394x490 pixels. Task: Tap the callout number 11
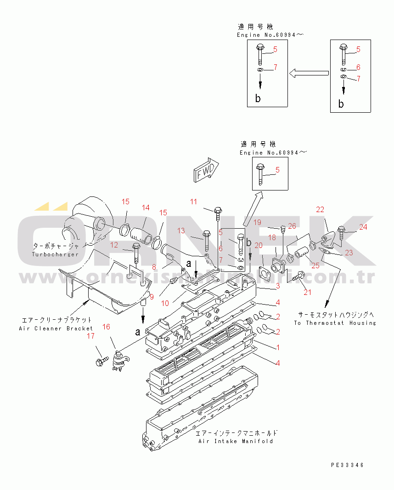[x=194, y=202]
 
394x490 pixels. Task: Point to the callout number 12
[x=114, y=245]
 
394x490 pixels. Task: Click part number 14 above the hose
[x=146, y=208]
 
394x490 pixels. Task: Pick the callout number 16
[x=106, y=327]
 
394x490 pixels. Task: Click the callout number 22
[x=320, y=209]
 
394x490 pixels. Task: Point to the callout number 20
[x=259, y=245]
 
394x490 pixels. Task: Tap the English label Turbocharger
[x=55, y=254]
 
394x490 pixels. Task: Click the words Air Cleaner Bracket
[x=56, y=329]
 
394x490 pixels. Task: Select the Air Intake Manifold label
[x=236, y=441]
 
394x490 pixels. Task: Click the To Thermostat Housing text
[x=335, y=323]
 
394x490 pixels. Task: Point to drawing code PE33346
[x=347, y=465]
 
